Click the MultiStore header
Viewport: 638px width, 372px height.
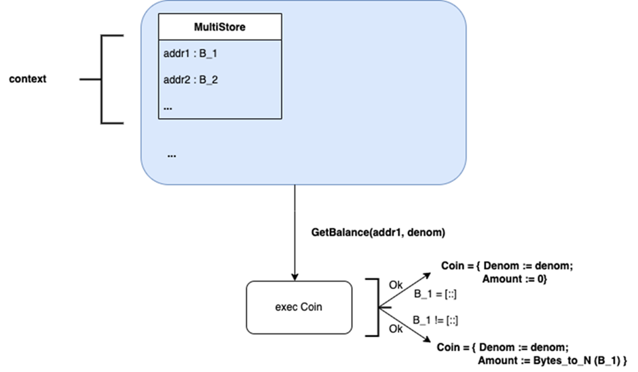point(220,28)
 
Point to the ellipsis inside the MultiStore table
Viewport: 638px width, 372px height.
point(168,107)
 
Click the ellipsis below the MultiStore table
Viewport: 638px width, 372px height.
point(172,155)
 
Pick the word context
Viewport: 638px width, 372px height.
point(28,79)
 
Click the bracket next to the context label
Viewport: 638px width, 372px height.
point(102,79)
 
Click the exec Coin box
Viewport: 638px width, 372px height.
point(299,307)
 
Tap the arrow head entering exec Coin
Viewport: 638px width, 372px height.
point(295,275)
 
